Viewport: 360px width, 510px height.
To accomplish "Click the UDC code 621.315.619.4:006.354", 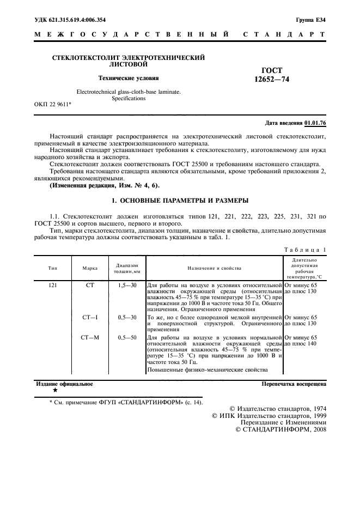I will (x=70, y=20).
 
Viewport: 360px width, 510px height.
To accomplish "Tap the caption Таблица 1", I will (x=304, y=250).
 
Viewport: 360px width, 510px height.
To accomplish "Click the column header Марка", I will (x=90, y=268).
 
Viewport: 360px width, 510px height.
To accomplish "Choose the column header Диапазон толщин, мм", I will (x=127, y=268).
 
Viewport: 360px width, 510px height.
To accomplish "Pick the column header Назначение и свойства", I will (x=215, y=268).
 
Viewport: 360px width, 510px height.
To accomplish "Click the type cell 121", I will (x=53, y=285).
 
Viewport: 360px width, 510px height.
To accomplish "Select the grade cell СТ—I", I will (x=90, y=317).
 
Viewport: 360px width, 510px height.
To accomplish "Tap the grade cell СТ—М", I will (x=90, y=338).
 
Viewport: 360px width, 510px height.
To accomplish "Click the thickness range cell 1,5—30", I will (x=127, y=285).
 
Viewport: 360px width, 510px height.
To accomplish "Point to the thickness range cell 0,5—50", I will (x=127, y=338).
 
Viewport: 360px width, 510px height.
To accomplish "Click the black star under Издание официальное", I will (x=54, y=391).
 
